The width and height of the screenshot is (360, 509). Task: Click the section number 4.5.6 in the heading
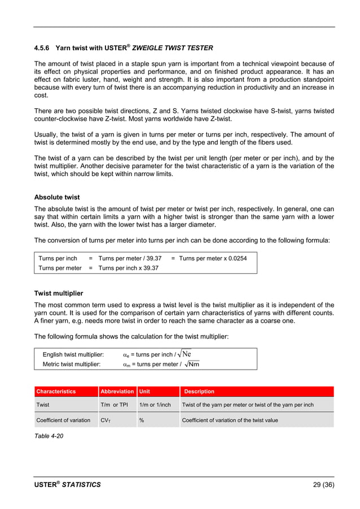(x=44, y=48)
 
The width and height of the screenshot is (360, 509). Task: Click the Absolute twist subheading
(x=57, y=198)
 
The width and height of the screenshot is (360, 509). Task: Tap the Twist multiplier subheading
(x=59, y=293)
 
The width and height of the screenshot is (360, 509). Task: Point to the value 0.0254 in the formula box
(x=238, y=258)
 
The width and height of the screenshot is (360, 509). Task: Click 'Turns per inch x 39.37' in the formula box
(x=128, y=268)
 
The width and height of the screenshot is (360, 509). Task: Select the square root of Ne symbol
(x=184, y=354)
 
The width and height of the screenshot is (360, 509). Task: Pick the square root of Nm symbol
(x=192, y=365)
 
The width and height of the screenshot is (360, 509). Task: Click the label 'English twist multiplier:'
(x=73, y=354)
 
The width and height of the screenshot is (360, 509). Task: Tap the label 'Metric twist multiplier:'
(x=72, y=365)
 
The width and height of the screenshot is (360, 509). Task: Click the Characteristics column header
(x=56, y=391)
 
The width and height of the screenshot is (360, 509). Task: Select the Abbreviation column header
(x=117, y=391)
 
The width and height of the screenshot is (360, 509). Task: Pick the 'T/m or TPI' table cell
(x=115, y=405)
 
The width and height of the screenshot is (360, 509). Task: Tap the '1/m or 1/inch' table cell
(x=155, y=405)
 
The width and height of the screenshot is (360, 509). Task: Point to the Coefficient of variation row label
(x=63, y=420)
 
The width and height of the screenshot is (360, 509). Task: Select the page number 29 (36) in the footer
(x=323, y=484)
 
